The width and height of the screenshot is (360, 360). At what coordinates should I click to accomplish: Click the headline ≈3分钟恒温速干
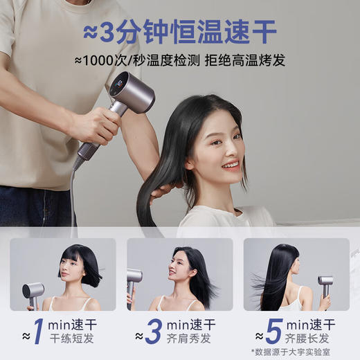pos(179,31)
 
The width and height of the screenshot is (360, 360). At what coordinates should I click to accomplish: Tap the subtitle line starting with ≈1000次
pos(179,60)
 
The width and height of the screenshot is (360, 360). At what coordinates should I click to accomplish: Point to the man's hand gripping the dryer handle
pos(96,125)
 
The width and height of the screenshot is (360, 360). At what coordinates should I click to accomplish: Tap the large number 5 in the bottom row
pos(273,331)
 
